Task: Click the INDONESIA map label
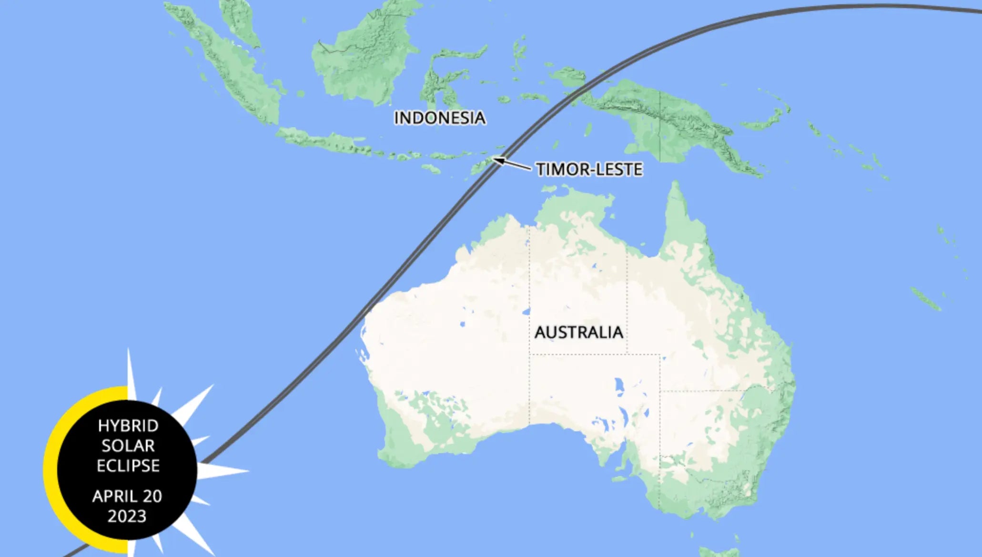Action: point(439,118)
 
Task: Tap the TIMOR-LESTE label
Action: point(589,169)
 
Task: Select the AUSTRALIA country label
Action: point(578,332)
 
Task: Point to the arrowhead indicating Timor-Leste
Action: point(497,160)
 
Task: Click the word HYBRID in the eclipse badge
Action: point(128,425)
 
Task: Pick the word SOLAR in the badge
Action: point(128,446)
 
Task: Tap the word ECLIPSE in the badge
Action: point(128,466)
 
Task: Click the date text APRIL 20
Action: point(127,496)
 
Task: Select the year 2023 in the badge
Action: point(127,516)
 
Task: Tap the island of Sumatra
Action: point(224,67)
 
